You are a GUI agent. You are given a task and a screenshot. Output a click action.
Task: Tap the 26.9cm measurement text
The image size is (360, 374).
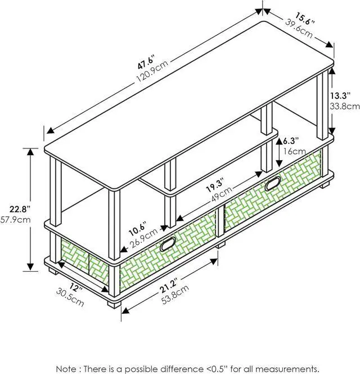tap(143, 240)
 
